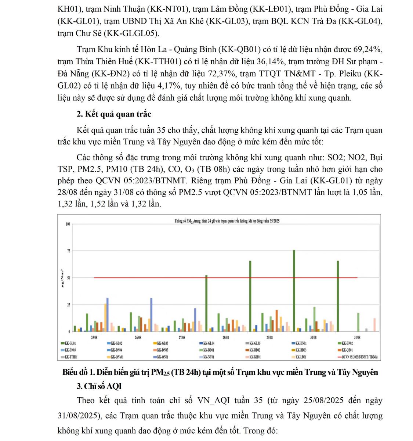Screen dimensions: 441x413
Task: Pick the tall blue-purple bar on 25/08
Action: point(108,314)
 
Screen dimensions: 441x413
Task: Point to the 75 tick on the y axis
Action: point(68,251)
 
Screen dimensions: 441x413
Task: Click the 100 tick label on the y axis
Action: point(68,224)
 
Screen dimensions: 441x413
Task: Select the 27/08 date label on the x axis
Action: point(182,337)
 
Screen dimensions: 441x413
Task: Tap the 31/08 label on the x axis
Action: point(357,337)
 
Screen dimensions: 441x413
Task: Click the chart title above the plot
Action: point(227,221)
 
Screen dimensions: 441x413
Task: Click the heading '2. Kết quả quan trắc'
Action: point(114,114)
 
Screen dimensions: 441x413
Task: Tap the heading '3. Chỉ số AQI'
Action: point(99,386)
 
